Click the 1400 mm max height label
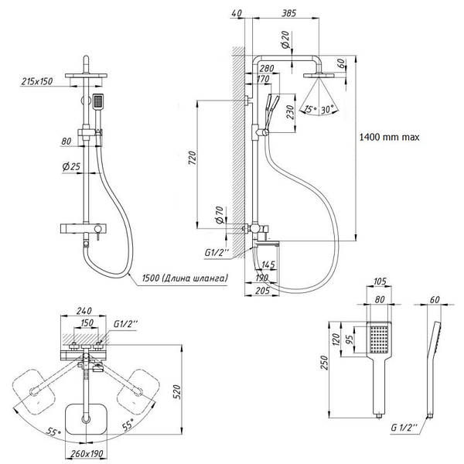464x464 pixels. click(389, 137)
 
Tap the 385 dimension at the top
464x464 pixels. click(288, 13)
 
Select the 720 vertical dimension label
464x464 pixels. click(192, 158)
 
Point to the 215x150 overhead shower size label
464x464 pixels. click(36, 81)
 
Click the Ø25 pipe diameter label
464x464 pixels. click(71, 166)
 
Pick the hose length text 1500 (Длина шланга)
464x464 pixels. click(186, 278)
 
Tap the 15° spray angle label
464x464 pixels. click(310, 109)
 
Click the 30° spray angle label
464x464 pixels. click(328, 110)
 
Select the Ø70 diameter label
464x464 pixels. click(220, 215)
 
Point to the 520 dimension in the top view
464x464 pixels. click(176, 392)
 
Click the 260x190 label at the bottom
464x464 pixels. click(87, 453)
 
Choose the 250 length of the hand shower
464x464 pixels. click(325, 362)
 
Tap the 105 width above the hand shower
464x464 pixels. click(380, 281)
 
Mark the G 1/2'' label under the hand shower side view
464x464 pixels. click(404, 428)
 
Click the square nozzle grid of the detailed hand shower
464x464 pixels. click(379, 339)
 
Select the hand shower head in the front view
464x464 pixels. click(97, 102)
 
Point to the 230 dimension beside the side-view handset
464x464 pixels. click(290, 112)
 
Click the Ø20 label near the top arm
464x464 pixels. click(285, 39)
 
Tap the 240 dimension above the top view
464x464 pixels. click(84, 311)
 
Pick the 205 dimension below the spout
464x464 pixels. click(262, 291)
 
